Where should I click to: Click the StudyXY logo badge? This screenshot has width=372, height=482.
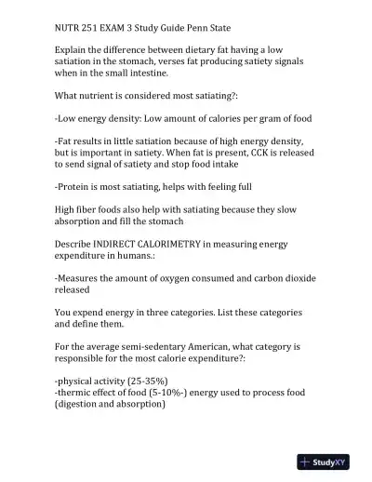[329, 461]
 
